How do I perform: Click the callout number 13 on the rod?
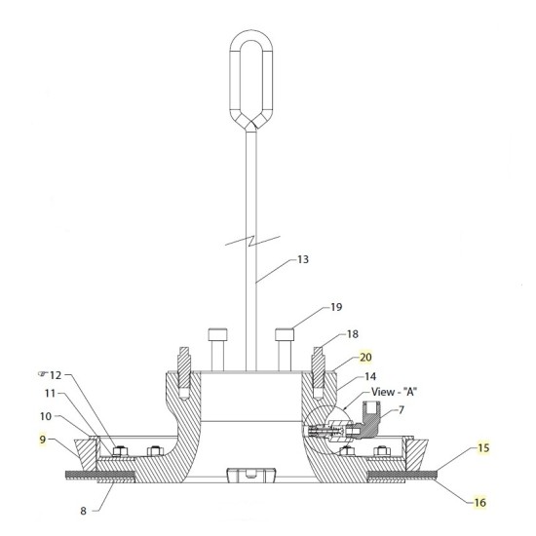pos(305,260)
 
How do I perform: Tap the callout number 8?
pos(83,508)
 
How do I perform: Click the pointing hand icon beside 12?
pos(40,374)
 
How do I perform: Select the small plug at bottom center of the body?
pos(249,475)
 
